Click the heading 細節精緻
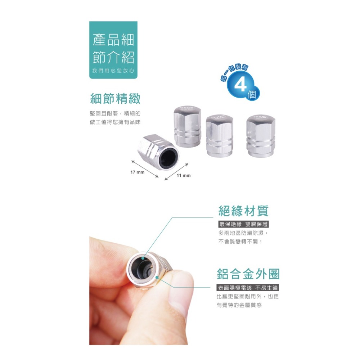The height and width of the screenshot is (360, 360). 115,98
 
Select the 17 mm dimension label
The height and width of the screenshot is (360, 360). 137,172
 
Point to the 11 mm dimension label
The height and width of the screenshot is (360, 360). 184,176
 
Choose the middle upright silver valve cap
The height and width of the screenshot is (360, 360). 220,135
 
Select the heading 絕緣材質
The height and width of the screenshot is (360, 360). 243,211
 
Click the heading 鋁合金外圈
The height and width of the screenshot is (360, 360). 248,274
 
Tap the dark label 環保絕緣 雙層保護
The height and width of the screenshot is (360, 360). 244,224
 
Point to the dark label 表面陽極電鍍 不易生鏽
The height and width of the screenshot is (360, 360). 248,288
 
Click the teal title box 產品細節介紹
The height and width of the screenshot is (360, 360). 113,50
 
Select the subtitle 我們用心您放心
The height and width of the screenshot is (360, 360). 113,71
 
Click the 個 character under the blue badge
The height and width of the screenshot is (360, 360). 252,95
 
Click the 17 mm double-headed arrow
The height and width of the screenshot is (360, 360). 145,168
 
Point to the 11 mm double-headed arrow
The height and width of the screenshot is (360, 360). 176,171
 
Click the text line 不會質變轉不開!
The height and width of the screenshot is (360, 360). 240,242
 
